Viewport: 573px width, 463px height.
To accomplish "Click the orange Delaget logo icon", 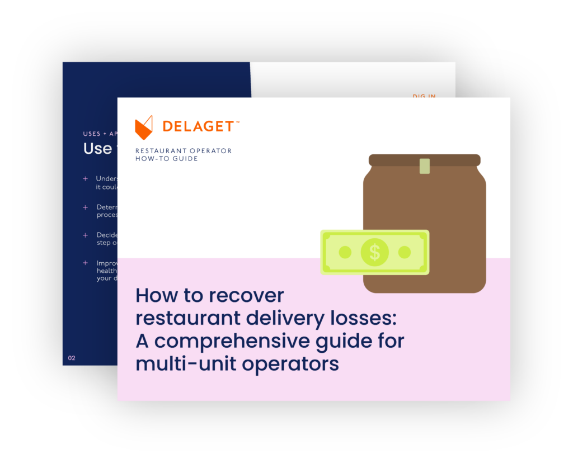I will click(144, 127).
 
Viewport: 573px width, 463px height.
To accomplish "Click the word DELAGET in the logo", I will click(198, 127).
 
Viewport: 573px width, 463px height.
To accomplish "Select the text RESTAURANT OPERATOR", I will click(184, 151).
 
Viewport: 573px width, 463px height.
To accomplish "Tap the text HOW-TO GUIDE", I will click(167, 159).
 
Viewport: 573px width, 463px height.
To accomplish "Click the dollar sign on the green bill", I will click(374, 252).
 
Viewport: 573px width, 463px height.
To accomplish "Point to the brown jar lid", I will click(424, 160).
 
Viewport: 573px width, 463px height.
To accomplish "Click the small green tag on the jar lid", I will click(425, 166).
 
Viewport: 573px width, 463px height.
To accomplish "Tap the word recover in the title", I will click(248, 295).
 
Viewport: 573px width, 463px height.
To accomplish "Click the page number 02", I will click(72, 358).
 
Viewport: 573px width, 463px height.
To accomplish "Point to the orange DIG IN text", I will click(424, 96).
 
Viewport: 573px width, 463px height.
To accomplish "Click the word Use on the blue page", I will click(97, 149).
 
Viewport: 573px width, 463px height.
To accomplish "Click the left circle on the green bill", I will click(345, 252).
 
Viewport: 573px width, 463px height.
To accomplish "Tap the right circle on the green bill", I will click(405, 252).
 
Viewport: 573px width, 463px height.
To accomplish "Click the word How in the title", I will click(156, 295).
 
